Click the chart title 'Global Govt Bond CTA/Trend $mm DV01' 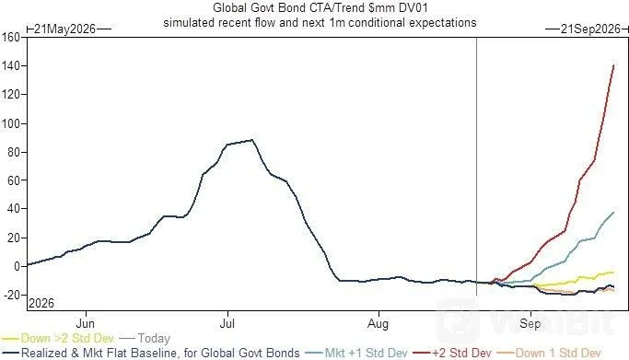click(x=320, y=7)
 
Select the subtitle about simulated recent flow click(x=320, y=22)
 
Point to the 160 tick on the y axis click(x=10, y=37)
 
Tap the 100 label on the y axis click(x=10, y=123)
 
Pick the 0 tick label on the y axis click(x=17, y=266)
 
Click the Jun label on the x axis click(x=85, y=323)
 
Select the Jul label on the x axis click(x=227, y=323)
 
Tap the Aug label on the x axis click(x=378, y=323)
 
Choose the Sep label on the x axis click(x=530, y=323)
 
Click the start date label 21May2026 click(x=65, y=29)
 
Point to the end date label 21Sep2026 click(x=590, y=29)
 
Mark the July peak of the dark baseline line click(x=252, y=140)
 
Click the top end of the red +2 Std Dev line click(x=613, y=65)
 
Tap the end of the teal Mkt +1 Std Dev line click(x=613, y=212)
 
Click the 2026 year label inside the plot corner click(x=41, y=303)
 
